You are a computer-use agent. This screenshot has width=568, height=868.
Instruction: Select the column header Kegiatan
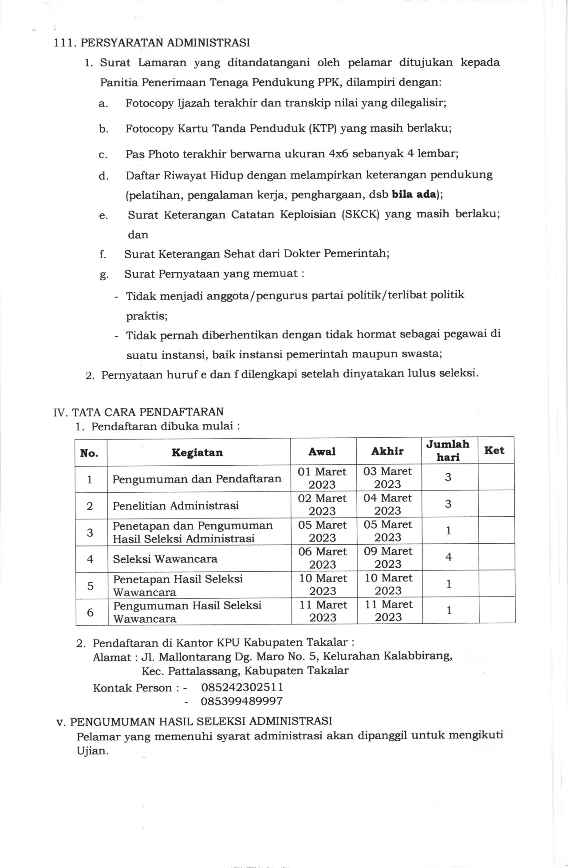(197, 452)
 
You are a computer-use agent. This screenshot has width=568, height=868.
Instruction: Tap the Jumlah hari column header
(448, 451)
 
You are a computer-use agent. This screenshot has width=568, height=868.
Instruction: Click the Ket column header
(494, 451)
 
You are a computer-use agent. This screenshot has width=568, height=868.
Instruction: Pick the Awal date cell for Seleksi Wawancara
(323, 558)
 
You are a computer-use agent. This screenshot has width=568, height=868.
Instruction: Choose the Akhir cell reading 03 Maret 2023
(387, 478)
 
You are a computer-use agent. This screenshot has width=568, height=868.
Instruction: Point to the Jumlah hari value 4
(448, 557)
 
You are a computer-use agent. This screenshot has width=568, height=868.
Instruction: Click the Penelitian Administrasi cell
(176, 506)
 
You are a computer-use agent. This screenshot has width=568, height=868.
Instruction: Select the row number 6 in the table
(91, 612)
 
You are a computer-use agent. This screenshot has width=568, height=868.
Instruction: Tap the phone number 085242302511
(242, 687)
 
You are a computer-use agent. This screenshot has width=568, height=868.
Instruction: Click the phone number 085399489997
(241, 701)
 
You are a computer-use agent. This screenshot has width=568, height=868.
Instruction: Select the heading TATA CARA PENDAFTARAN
(148, 412)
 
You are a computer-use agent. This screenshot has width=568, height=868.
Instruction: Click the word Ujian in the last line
(92, 751)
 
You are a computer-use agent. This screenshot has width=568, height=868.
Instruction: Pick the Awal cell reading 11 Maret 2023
(323, 611)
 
